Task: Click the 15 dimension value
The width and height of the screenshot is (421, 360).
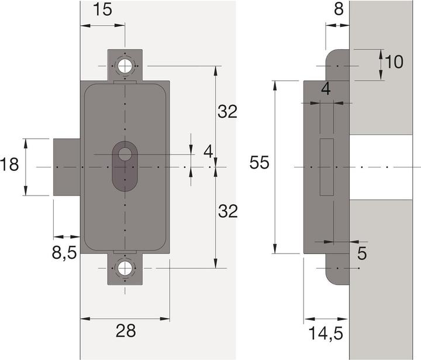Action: pos(103,11)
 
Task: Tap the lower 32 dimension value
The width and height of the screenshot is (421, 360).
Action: pos(228,212)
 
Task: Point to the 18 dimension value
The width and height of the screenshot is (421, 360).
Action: pos(10,164)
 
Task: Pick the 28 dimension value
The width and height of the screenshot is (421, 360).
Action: pos(125,331)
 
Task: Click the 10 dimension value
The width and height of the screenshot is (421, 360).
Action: pos(395,62)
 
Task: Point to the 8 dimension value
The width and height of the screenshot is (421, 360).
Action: pos(337,9)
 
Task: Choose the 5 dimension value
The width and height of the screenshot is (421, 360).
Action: pos(361,255)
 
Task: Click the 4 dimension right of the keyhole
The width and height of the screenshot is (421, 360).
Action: pos(208,151)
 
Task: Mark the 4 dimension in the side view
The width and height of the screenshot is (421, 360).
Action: pos(326,90)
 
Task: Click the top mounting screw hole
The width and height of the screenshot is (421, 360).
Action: pos(125,66)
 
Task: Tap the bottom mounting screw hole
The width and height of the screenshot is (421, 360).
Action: pos(125,269)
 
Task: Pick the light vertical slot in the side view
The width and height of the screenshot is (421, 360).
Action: pos(326,167)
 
